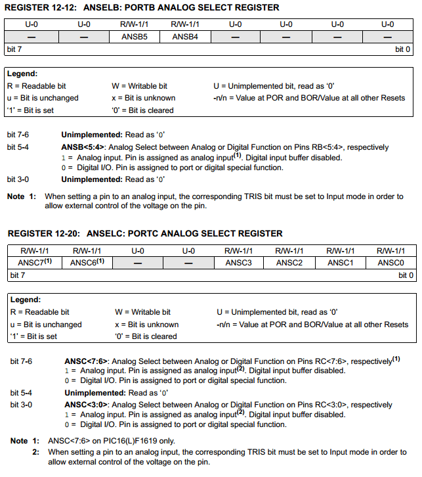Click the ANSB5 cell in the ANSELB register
pyautogui.click(x=134, y=37)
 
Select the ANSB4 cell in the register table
pyautogui.click(x=185, y=37)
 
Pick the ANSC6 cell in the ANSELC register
pyautogui.click(x=87, y=263)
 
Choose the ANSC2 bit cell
pyautogui.click(x=289, y=263)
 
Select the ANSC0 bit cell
pyautogui.click(x=390, y=263)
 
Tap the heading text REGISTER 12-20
pyautogui.click(x=41, y=233)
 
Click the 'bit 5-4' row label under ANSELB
pyautogui.click(x=18, y=147)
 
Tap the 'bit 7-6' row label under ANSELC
pyautogui.click(x=21, y=361)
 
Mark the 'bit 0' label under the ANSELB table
pyautogui.click(x=402, y=50)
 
